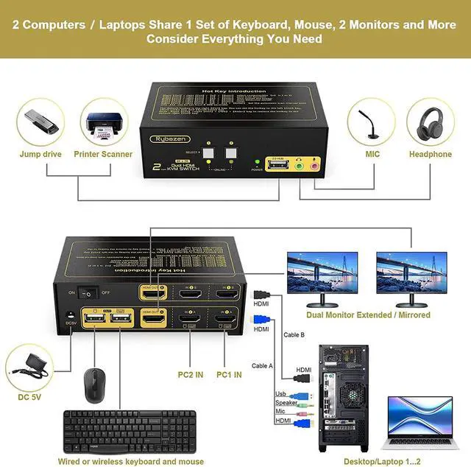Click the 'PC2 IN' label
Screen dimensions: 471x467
(x=189, y=373)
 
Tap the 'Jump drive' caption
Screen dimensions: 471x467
(x=40, y=155)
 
